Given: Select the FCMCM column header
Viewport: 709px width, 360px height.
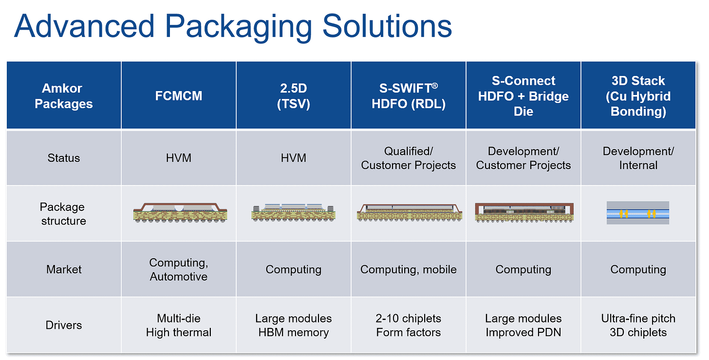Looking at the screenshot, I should pyautogui.click(x=179, y=96).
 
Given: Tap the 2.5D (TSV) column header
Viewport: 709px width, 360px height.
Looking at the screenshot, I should pyautogui.click(x=294, y=96).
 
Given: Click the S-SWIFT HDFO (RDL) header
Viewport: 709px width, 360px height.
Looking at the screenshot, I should pyautogui.click(x=409, y=96).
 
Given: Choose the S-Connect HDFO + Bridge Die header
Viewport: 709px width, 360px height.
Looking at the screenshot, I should pyautogui.click(x=523, y=96).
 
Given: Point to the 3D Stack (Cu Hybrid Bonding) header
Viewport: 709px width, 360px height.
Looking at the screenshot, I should pyautogui.click(x=638, y=96).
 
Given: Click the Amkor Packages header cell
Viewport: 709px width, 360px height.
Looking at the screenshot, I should pyautogui.click(x=64, y=96).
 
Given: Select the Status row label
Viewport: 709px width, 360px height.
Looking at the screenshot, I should pyautogui.click(x=64, y=158).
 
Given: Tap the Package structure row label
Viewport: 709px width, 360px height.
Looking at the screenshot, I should pyautogui.click(x=64, y=214).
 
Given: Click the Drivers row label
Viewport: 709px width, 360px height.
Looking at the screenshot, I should pyautogui.click(x=64, y=325).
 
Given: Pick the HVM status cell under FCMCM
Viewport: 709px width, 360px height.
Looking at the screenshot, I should pyautogui.click(x=179, y=158).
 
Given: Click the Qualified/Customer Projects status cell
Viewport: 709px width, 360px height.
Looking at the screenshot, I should pyautogui.click(x=409, y=158).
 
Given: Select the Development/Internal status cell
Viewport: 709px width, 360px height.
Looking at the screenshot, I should pyautogui.click(x=638, y=158).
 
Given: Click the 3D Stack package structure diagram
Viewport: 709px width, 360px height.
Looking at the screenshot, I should pyautogui.click(x=637, y=213).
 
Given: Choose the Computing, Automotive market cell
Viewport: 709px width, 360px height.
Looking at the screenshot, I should pyautogui.click(x=179, y=269).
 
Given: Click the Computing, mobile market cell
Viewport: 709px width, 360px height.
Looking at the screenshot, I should pyautogui.click(x=409, y=269).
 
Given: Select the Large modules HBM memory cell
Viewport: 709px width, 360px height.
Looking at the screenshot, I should pyautogui.click(x=294, y=325).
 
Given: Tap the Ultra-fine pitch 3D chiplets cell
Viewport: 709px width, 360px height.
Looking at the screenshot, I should pyautogui.click(x=638, y=325).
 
